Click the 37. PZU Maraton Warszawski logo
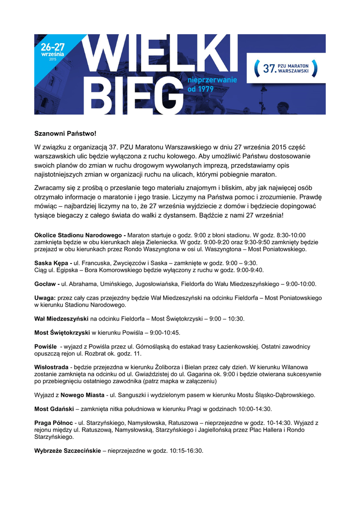[286, 68]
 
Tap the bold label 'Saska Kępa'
[52, 263]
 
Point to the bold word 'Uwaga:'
[45, 298]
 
